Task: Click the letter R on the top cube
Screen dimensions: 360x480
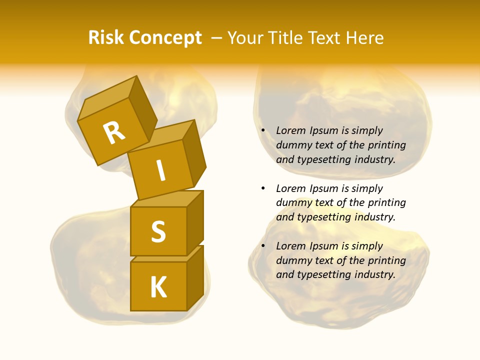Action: pos(114,133)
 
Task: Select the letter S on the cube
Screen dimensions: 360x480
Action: pos(158,231)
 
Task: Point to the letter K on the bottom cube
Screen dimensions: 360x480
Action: pos(158,287)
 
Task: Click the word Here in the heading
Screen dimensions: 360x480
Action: pos(365,37)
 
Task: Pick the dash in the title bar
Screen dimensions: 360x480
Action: pos(216,38)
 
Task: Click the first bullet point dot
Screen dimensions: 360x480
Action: pos(263,130)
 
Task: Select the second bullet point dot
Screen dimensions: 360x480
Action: pos(263,188)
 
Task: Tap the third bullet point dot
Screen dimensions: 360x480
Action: pos(263,246)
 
